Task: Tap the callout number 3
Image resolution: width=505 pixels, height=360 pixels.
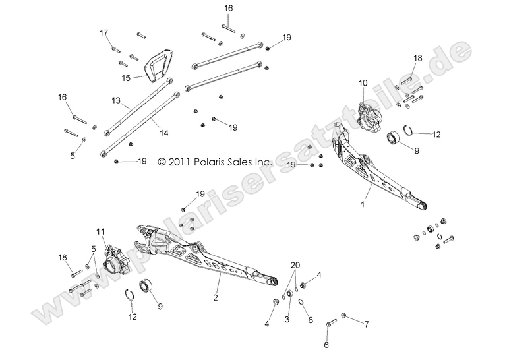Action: [x=287, y=319]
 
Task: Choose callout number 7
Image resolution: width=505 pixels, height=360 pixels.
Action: [x=367, y=324]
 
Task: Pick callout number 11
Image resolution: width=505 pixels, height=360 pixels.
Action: [x=100, y=231]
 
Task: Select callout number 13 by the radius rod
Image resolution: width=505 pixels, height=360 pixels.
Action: [x=117, y=101]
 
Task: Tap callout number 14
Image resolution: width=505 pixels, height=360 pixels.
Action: [x=163, y=133]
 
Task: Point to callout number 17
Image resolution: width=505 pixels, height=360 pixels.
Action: [x=104, y=32]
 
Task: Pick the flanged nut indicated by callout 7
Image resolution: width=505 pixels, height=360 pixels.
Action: [x=343, y=316]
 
